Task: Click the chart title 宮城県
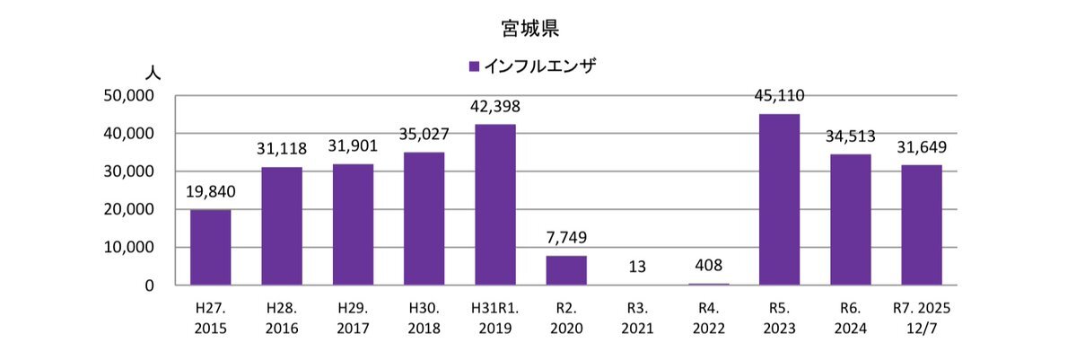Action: (x=530, y=28)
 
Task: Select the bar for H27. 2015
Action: (x=210, y=247)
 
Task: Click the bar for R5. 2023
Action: (x=779, y=199)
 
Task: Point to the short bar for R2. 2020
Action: (x=566, y=270)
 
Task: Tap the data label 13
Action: (x=637, y=266)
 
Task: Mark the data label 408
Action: (x=708, y=266)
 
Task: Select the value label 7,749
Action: (x=566, y=239)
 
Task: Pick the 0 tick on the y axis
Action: (x=150, y=285)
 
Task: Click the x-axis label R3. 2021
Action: (x=637, y=318)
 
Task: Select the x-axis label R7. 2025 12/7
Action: (x=921, y=318)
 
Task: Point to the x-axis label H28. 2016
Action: (x=282, y=318)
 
